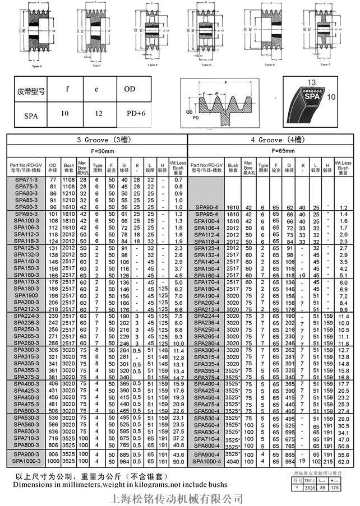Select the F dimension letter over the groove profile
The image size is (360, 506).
(227, 82)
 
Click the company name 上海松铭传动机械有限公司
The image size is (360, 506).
(178, 498)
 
